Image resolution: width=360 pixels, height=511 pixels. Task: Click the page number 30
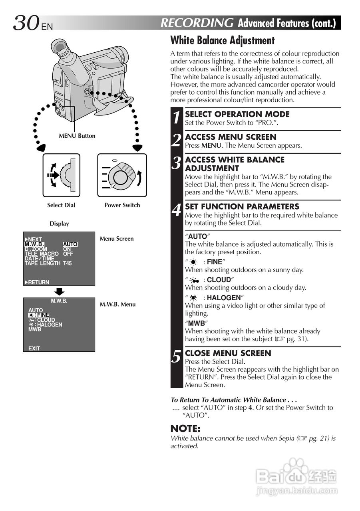point(26,23)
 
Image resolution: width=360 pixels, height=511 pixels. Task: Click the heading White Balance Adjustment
point(223,40)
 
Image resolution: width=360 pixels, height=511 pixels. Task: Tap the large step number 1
point(177,117)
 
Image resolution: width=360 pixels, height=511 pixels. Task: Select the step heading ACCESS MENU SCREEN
point(231,137)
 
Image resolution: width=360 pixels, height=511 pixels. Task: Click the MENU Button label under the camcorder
point(77,136)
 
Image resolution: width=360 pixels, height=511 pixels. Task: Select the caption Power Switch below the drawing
point(122,205)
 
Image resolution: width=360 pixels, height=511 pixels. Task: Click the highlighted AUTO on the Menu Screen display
point(70,244)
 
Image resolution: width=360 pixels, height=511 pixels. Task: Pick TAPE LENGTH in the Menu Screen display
point(42,263)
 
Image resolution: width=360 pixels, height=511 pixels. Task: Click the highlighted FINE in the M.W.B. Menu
point(43,315)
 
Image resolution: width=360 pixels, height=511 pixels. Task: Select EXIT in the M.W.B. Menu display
point(34,349)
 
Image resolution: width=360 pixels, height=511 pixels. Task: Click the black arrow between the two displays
point(59,291)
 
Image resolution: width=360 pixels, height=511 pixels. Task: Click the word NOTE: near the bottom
point(185,429)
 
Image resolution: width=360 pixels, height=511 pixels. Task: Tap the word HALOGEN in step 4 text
point(224,298)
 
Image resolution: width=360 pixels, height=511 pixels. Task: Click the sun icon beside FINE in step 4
point(193,262)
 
